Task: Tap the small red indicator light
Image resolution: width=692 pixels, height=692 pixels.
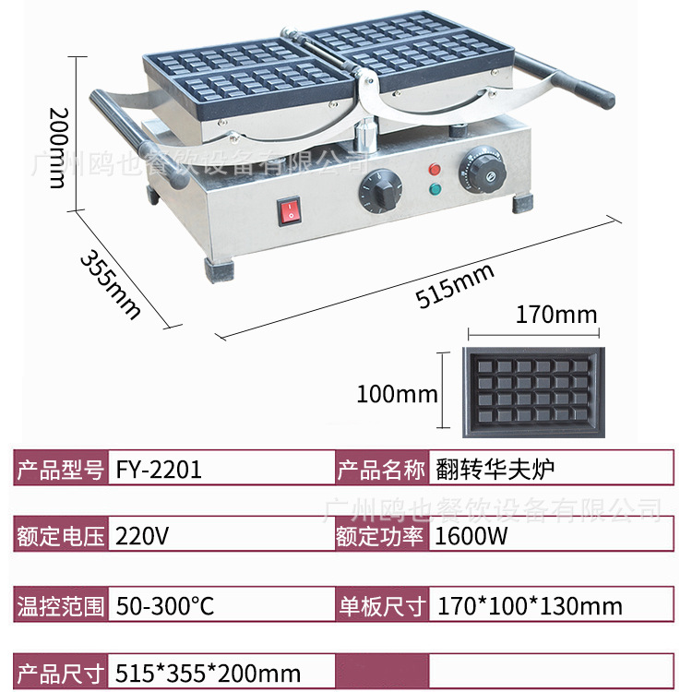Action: (432, 170)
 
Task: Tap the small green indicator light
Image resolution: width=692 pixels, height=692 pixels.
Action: (433, 190)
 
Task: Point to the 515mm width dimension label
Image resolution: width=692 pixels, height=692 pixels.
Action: (455, 283)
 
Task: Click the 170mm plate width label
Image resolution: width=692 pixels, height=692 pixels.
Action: (555, 315)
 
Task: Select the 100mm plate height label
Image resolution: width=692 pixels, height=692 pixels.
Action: (397, 395)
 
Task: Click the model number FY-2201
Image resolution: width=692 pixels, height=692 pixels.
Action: (160, 470)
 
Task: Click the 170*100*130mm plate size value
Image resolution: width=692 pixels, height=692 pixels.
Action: (529, 606)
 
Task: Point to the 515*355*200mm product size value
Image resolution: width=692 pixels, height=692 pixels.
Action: (209, 673)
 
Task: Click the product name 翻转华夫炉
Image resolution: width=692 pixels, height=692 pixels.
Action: (494, 470)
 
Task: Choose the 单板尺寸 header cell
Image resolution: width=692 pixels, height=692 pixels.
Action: (380, 606)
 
